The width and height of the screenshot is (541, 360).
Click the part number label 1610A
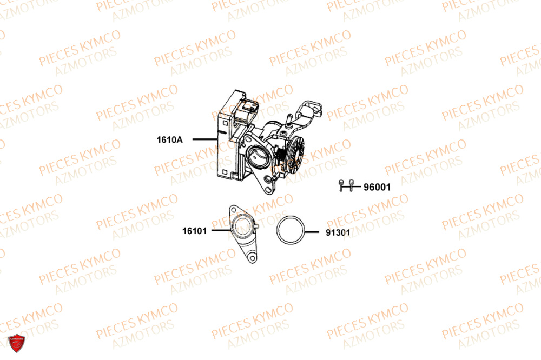[170, 140]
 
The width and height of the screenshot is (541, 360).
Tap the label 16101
[195, 231]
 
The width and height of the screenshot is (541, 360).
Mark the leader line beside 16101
[220, 231]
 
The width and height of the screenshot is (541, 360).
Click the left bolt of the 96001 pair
[342, 185]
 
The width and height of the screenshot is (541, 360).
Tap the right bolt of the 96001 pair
[351, 185]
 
